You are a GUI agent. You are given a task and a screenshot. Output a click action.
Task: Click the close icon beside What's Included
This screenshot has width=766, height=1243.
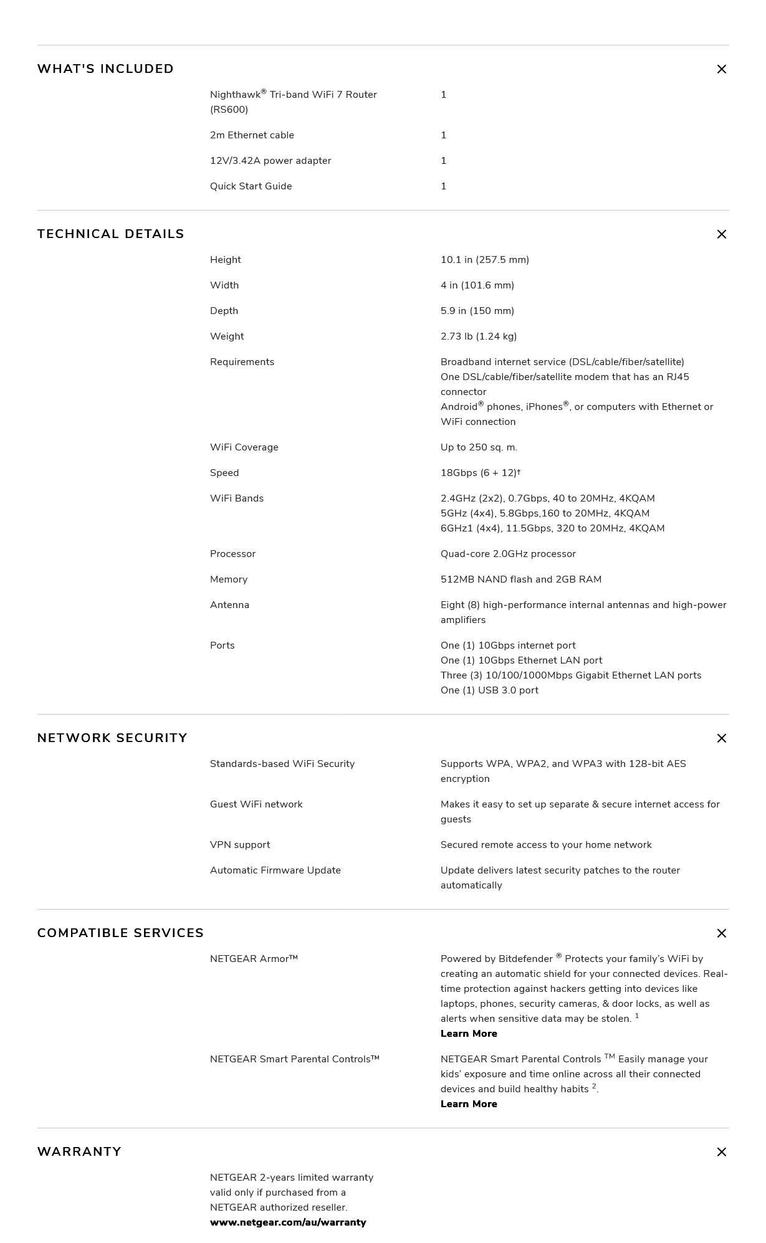pos(721,69)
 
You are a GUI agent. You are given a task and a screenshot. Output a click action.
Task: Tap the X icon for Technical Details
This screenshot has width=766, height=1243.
pos(721,234)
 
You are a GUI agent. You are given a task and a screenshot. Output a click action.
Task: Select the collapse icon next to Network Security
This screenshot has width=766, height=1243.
pos(721,738)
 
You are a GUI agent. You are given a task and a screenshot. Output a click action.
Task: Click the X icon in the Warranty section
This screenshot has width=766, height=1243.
pos(721,1152)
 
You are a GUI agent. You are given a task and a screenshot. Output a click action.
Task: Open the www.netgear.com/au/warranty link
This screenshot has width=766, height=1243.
pos(288,1222)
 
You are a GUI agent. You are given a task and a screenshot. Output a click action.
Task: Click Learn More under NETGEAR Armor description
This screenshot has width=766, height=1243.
pos(469,1034)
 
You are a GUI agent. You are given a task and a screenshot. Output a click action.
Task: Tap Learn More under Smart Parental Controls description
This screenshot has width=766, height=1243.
pos(469,1104)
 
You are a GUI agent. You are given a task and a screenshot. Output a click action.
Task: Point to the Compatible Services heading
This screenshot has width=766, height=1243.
pos(120,933)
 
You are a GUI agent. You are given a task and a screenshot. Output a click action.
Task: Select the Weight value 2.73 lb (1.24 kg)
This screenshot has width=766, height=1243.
pos(479,336)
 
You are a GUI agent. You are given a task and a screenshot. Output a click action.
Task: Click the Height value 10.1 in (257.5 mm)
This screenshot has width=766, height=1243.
pos(484,260)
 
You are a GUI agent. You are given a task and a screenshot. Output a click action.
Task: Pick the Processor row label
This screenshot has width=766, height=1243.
pos(232,554)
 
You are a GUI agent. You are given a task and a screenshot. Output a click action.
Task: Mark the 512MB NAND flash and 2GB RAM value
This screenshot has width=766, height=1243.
pos(520,579)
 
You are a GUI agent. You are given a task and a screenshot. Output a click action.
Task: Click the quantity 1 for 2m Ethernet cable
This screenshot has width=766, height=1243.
pos(443,135)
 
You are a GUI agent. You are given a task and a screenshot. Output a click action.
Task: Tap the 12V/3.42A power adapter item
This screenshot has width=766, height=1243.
pos(270,161)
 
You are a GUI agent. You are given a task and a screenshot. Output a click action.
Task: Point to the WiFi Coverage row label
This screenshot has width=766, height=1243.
pos(244,447)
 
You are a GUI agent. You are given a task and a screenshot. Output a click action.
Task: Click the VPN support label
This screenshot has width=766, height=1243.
pos(240,845)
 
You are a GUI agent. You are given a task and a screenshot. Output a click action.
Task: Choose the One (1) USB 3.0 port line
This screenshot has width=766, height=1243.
pos(489,690)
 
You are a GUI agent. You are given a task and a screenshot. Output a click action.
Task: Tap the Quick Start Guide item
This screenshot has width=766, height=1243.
pos(251,186)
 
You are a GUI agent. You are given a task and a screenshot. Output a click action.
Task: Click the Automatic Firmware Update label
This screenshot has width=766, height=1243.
pos(275,870)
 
